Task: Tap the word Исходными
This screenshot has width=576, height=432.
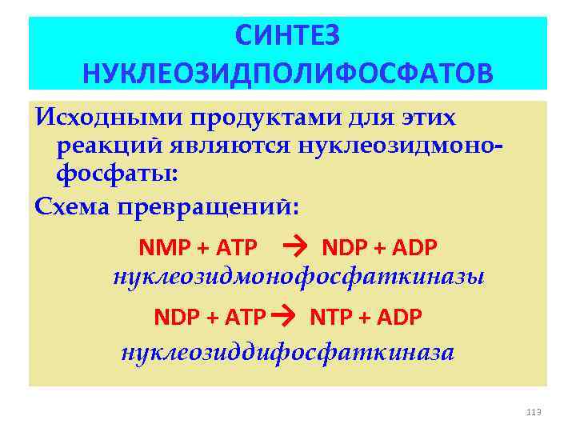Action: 108,118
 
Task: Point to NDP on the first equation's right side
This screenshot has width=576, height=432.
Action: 343,248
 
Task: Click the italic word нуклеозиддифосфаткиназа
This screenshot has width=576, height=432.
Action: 287,352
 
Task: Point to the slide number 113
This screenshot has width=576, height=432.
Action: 534,412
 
